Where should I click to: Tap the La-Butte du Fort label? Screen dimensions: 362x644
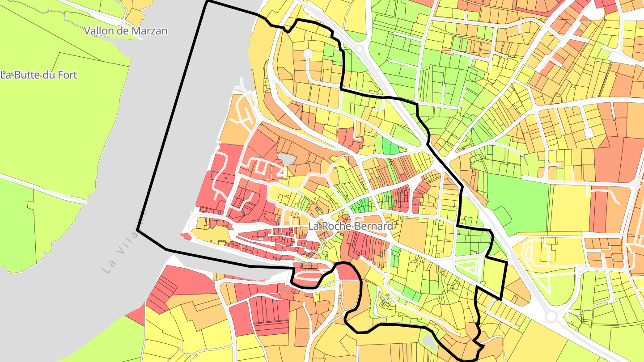pyautogui.click(x=38, y=75)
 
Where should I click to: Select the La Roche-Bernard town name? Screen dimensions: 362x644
pyautogui.click(x=351, y=226)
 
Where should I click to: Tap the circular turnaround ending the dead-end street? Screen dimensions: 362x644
pyautogui.click(x=308, y=54)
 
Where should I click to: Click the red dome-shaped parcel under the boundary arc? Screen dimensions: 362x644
pyautogui.click(x=348, y=272)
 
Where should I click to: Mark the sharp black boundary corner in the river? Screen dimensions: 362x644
pyautogui.click(x=138, y=231)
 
